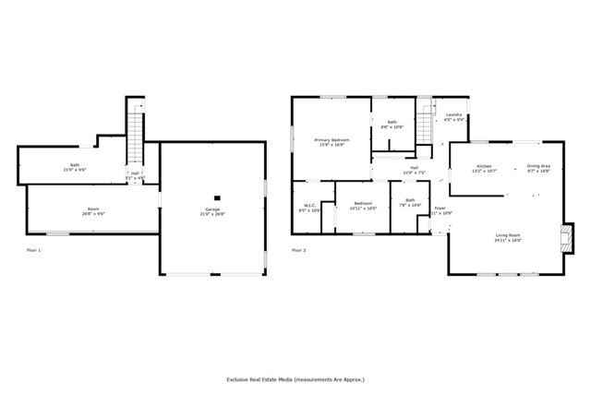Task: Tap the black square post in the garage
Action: coord(217,196)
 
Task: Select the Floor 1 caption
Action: coord(34,250)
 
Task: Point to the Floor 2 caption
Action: coord(299,250)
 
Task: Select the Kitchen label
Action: coord(484,166)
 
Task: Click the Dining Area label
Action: coord(538,166)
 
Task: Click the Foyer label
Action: coord(440,209)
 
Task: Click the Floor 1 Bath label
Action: coord(74,165)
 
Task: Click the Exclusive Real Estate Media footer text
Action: coord(295,378)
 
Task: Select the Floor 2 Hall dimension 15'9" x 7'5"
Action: coord(413,173)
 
